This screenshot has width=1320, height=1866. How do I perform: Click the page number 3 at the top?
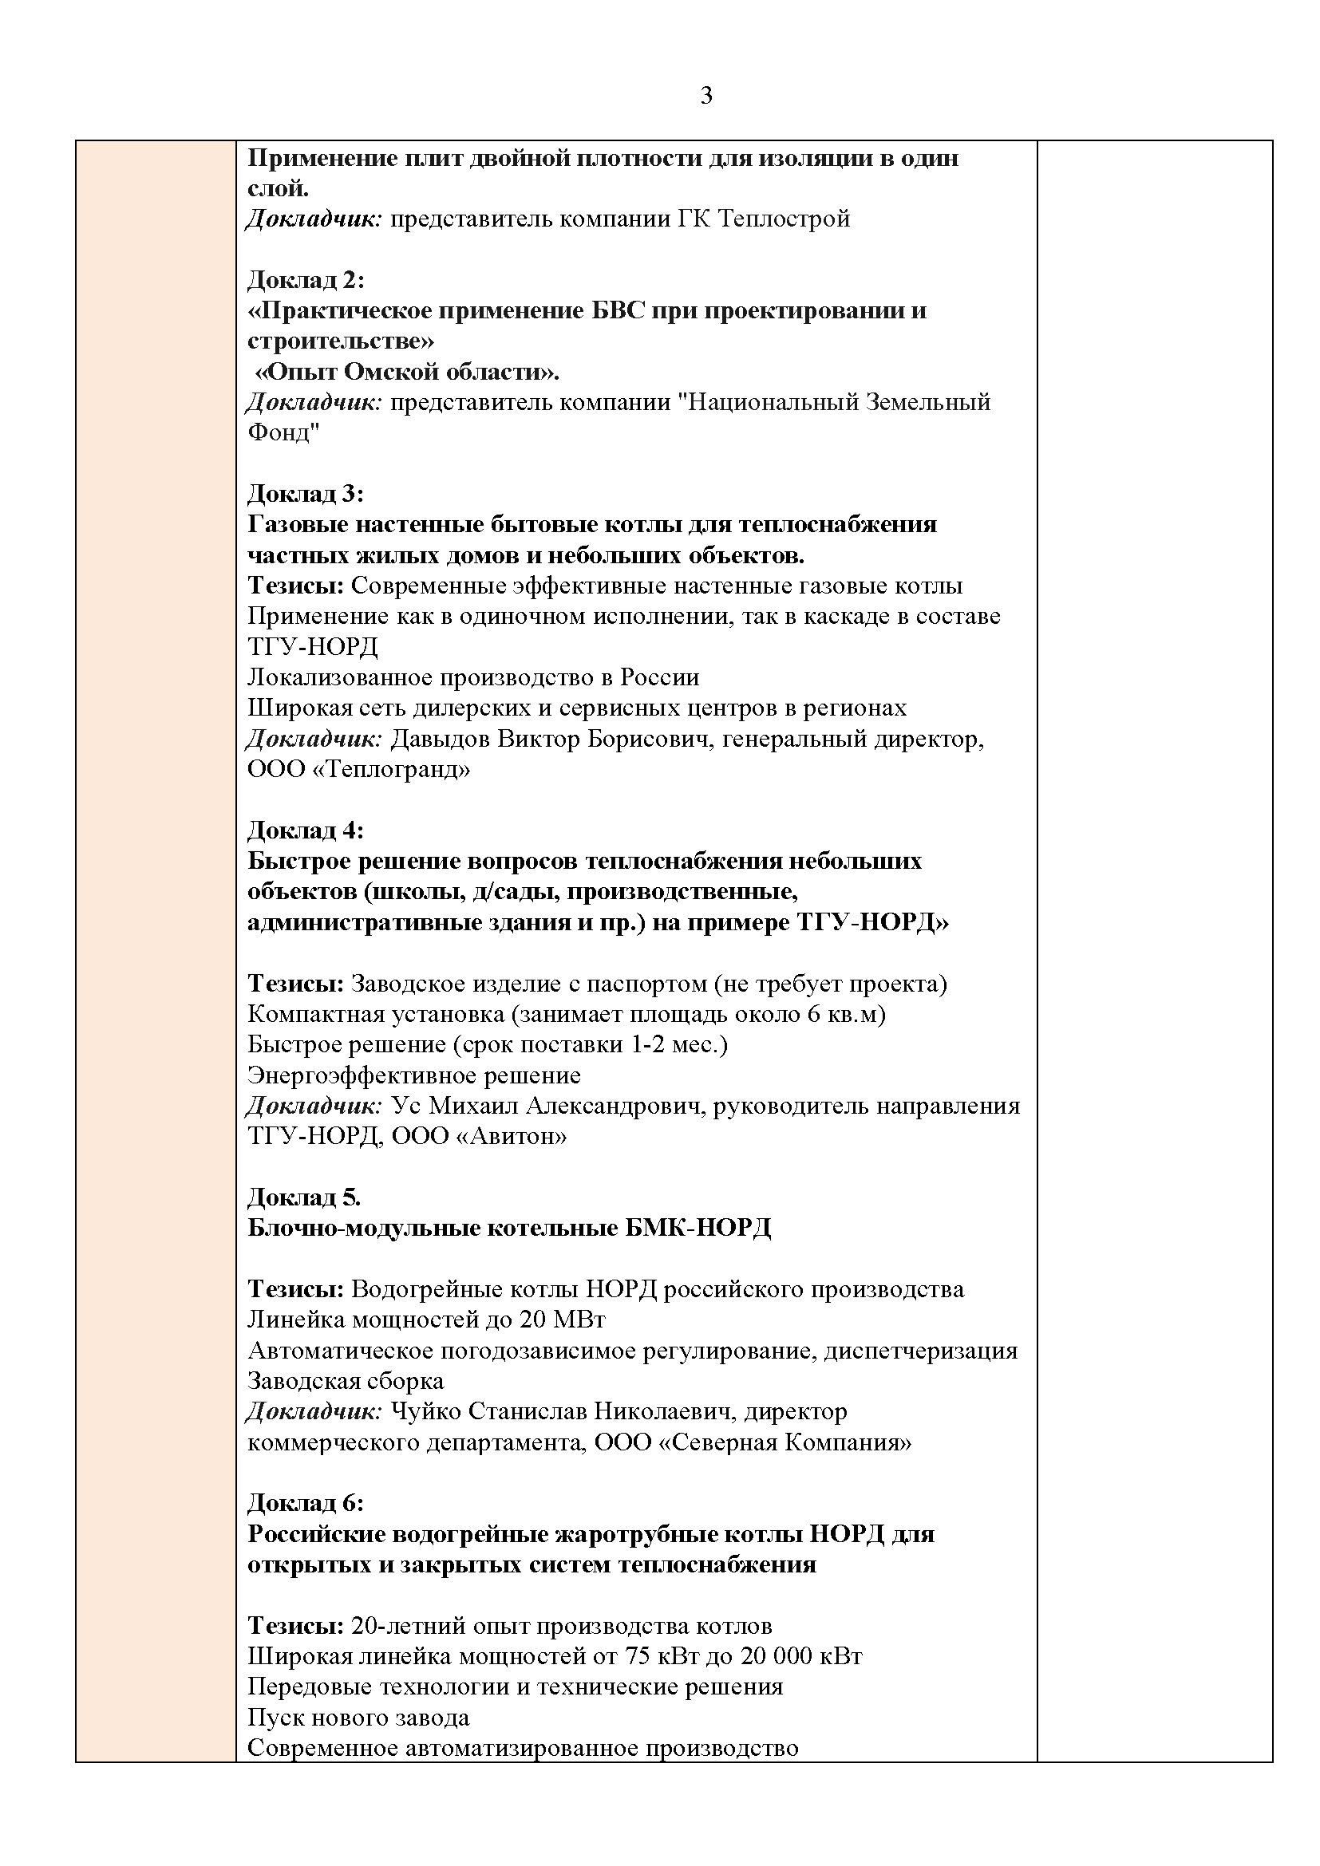point(705,96)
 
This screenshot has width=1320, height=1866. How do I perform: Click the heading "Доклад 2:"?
point(306,279)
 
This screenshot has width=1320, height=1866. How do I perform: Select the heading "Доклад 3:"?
point(306,493)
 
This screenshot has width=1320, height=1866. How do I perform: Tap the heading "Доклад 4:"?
point(306,830)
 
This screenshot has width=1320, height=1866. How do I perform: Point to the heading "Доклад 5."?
point(304,1197)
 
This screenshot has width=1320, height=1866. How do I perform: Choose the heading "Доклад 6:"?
point(306,1503)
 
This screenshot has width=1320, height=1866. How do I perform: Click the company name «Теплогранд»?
point(391,769)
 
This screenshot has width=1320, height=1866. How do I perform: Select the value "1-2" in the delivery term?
point(648,1044)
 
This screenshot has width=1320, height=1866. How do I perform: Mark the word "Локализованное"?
point(340,677)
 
